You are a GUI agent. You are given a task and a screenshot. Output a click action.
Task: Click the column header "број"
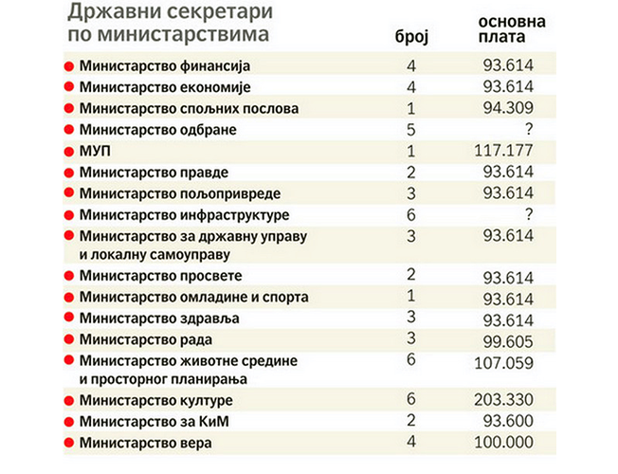[411, 36]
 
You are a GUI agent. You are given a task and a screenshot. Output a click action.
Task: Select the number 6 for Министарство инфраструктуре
[411, 215]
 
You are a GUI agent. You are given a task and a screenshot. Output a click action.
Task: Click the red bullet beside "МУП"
[68, 152]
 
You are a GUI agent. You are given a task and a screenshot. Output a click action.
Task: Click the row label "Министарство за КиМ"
[142, 421]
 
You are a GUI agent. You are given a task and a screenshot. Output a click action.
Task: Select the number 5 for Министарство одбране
[411, 129]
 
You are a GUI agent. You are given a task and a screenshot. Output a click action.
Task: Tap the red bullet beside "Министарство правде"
[68, 173]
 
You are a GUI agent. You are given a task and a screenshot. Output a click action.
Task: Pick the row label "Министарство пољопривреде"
[162, 193]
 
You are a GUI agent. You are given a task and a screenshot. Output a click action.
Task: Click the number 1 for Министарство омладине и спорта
[411, 297]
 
